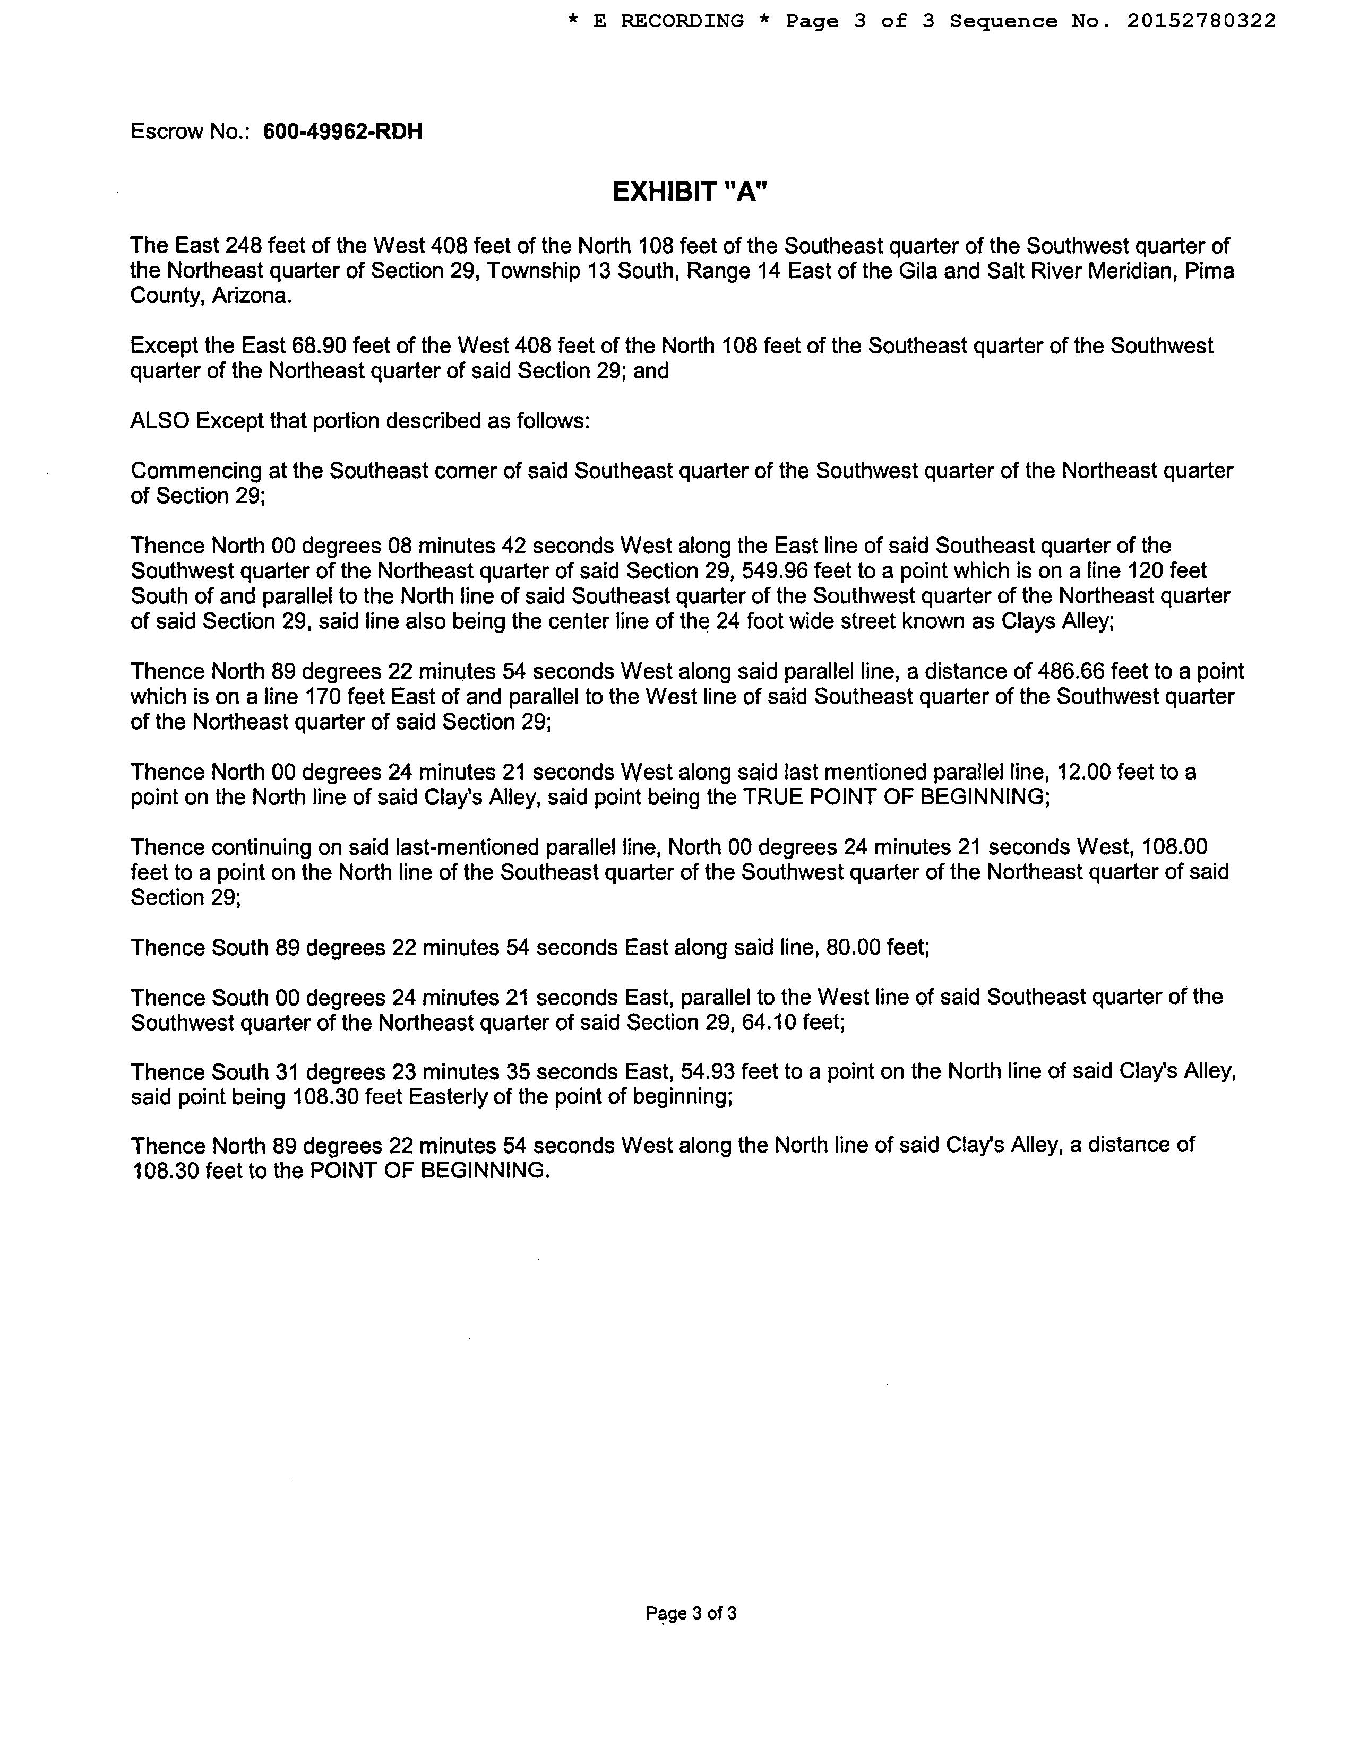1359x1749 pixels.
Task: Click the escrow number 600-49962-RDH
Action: pyautogui.click(x=342, y=132)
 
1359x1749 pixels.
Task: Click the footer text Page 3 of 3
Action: pyautogui.click(x=691, y=1613)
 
